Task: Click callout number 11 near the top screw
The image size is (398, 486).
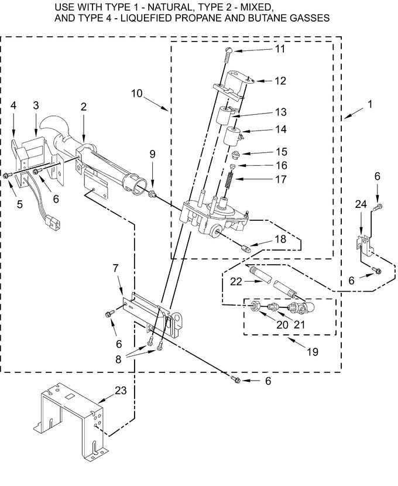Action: pyautogui.click(x=280, y=49)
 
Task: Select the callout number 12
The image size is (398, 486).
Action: pyautogui.click(x=280, y=81)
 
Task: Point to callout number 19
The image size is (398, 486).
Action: pyautogui.click(x=312, y=352)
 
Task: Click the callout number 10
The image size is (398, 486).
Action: pyautogui.click(x=136, y=93)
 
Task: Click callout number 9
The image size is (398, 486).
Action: pyautogui.click(x=152, y=154)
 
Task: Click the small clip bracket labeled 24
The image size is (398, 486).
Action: pyautogui.click(x=363, y=242)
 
